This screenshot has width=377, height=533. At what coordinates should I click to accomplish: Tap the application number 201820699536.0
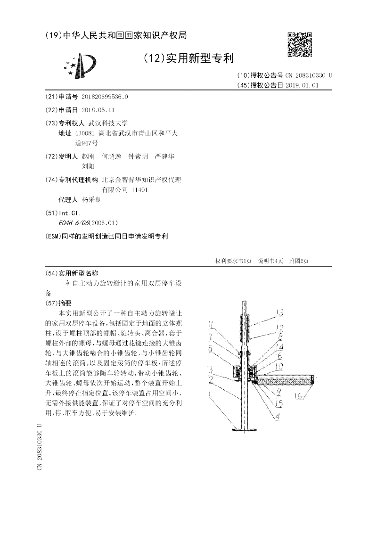click(105, 97)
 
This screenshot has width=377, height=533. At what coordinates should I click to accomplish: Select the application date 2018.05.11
click(98, 109)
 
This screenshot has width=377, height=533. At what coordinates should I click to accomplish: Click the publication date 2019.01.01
click(302, 85)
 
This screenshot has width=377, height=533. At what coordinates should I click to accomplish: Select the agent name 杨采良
click(91, 199)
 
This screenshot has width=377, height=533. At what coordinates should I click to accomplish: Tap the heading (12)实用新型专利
click(188, 58)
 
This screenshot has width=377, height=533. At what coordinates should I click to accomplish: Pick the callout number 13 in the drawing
click(279, 313)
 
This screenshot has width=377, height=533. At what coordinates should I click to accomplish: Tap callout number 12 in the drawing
click(279, 328)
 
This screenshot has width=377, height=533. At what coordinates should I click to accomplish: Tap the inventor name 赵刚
click(88, 156)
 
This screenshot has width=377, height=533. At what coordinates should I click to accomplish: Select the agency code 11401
click(140, 189)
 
